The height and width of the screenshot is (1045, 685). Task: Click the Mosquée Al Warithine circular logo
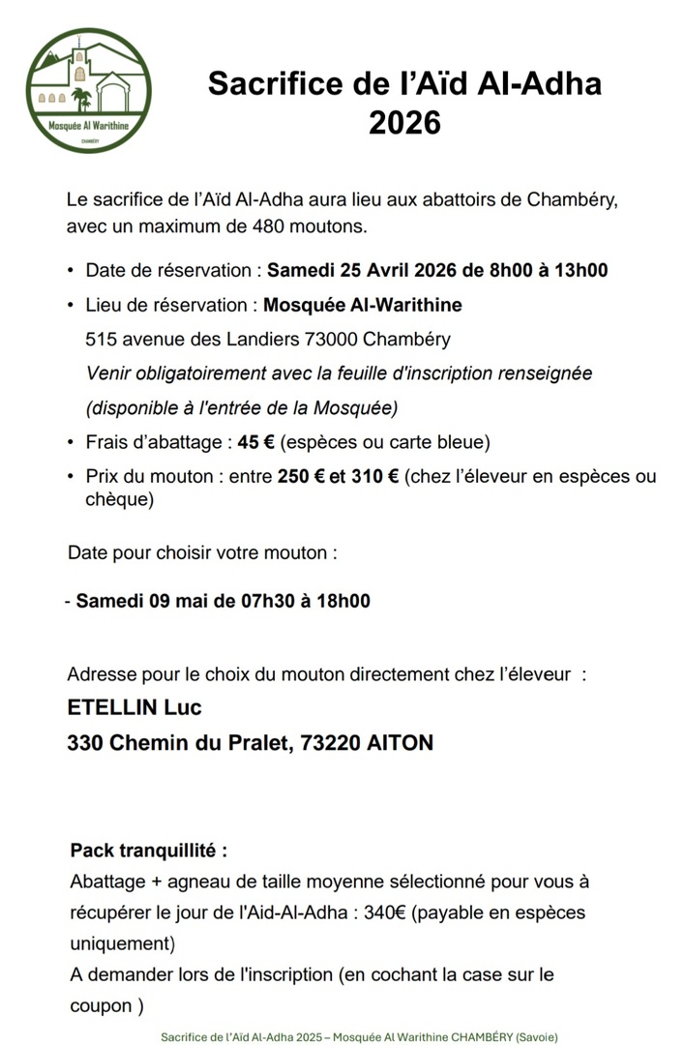pos(88,90)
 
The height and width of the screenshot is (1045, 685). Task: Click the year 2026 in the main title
pos(404,123)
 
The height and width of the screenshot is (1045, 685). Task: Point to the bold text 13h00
pos(579,270)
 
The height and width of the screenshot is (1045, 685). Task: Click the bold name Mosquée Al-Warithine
pos(363,305)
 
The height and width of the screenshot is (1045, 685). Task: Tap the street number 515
pos(101,340)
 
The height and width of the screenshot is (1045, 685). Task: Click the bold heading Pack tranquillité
pos(149,851)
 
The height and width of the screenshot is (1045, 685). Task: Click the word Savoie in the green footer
pos(535,1035)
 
